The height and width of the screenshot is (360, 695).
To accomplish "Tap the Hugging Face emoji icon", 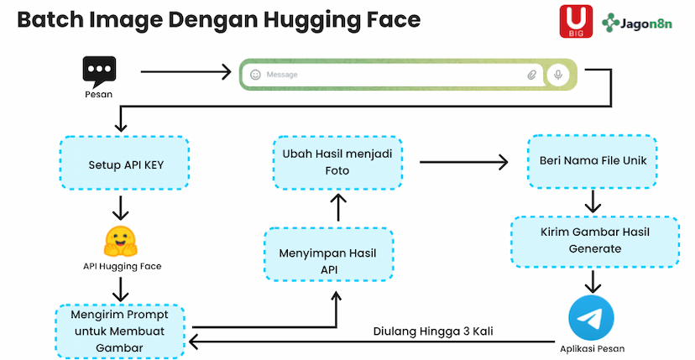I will pos(121,242).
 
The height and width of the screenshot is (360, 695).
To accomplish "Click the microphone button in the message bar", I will pos(557,75).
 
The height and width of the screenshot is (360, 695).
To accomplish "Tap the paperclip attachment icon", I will pos(531,75).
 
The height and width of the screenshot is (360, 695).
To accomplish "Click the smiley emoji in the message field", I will pos(255,75).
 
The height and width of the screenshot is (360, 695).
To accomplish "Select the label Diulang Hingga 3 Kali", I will pos(432,331).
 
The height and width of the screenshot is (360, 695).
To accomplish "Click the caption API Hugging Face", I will pos(121,266).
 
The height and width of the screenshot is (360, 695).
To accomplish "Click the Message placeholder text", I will pos(282,75).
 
